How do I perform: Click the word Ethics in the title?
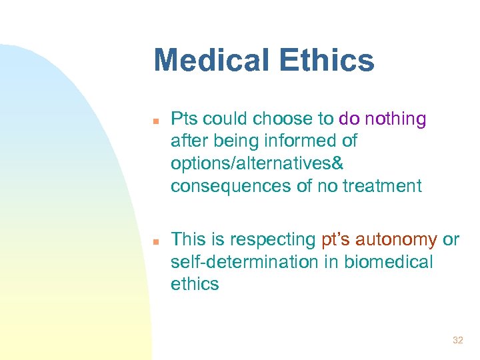click(329, 60)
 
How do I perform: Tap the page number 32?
click(457, 340)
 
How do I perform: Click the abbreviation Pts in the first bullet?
click(184, 119)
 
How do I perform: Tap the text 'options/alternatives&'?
click(247, 164)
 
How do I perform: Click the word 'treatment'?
click(382, 187)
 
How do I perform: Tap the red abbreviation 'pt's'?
click(337, 239)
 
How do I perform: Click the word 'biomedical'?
click(388, 262)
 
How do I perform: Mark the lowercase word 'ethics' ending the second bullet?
click(195, 284)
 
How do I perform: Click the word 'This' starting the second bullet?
click(189, 239)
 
